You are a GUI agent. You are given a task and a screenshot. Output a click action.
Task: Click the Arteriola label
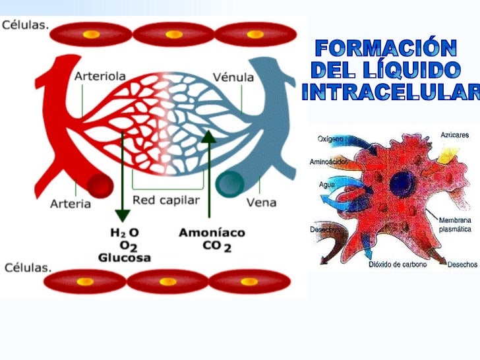pos(100,76)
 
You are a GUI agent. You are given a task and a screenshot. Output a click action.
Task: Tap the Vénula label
pos(233,77)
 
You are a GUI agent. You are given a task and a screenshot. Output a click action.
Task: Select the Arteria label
pos(71,204)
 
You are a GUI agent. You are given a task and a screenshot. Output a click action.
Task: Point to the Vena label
pos(261,202)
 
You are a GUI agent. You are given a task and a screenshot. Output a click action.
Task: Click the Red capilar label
pos(166,200)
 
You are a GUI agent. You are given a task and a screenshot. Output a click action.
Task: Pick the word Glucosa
pos(125,257)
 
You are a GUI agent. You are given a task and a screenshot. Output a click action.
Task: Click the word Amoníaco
pos(212,233)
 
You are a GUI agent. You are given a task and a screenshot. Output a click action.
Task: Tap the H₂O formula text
pos(124,233)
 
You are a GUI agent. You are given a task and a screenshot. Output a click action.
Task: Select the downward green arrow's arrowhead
pos(123,216)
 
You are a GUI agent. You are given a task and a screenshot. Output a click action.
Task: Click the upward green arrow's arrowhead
pos(209,136)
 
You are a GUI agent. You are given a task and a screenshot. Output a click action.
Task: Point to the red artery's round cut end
pos(100,185)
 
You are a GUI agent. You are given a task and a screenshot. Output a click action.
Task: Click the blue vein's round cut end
pos(230,185)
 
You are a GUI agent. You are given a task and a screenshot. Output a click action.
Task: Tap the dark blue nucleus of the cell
pos(402,184)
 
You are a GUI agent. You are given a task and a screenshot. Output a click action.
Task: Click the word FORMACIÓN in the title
pos(386,48)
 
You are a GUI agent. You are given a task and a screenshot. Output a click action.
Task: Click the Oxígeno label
pos(330,139)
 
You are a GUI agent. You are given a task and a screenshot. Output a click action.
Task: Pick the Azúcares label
pos(454,135)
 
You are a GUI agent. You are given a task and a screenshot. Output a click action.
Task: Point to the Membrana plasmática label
pos(455,225)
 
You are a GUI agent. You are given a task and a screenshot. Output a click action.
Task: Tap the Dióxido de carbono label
pos(398,264)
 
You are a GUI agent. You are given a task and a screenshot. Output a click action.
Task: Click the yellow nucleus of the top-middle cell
pos(174,34)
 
